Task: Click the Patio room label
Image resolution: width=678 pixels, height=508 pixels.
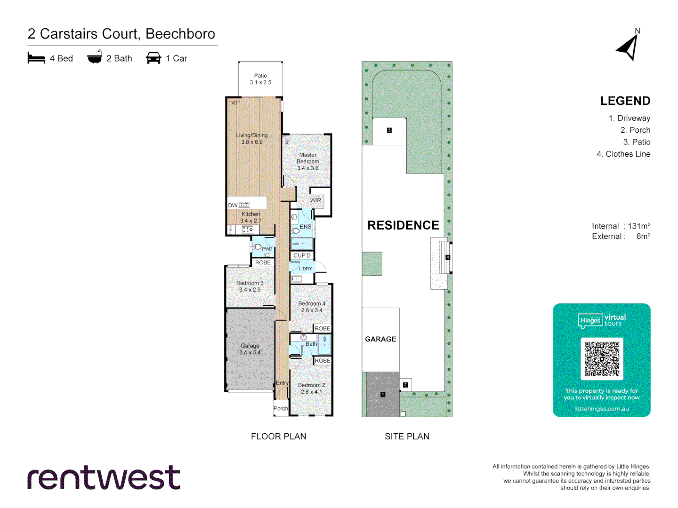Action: click(260, 79)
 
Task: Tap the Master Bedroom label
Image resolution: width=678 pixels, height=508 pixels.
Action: click(308, 161)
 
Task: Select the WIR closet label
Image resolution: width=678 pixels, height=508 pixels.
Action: click(315, 200)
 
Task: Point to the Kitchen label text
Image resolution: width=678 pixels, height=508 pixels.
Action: click(251, 217)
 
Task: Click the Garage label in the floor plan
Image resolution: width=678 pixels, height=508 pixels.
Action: click(250, 349)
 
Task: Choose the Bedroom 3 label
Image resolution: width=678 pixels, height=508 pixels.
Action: click(250, 286)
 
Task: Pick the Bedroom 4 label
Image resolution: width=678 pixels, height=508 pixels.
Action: click(312, 307)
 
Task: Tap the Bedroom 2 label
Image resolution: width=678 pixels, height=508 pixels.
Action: click(312, 388)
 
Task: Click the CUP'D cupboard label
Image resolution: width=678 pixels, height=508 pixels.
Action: click(302, 256)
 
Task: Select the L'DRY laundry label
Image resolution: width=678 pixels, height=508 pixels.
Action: click(305, 269)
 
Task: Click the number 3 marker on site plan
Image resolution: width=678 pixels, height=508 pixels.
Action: click(389, 130)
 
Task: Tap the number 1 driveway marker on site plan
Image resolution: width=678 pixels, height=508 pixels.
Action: click(383, 394)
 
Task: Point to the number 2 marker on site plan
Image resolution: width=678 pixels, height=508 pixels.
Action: click(405, 385)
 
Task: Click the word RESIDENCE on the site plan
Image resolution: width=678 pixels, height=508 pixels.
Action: click(403, 225)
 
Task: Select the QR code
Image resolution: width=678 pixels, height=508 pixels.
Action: click(602, 358)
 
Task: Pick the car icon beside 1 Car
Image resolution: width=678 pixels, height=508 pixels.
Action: click(153, 58)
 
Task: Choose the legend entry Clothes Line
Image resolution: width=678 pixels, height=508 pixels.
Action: click(623, 154)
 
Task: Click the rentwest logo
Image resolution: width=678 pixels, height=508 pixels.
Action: click(104, 478)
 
